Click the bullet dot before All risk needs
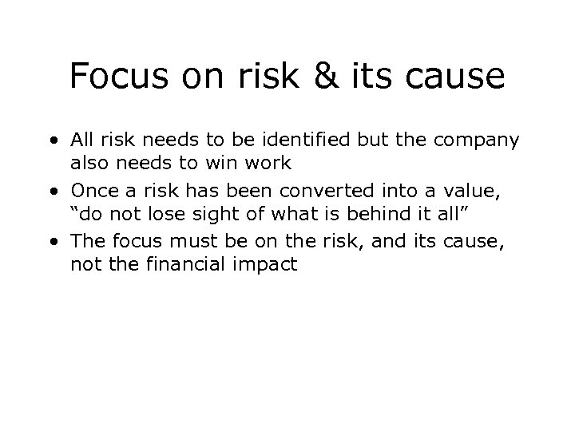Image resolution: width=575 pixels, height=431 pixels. (x=52, y=142)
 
